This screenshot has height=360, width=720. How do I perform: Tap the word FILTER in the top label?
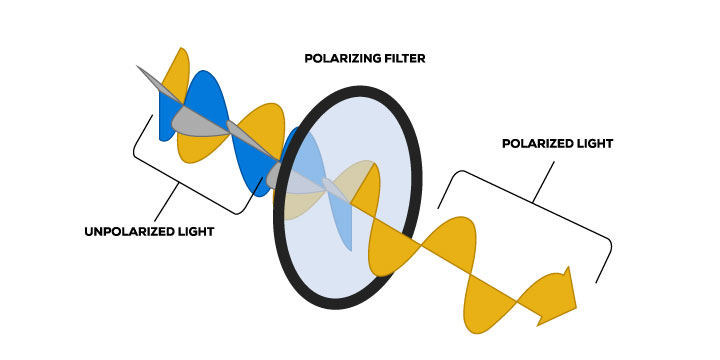coord(403,60)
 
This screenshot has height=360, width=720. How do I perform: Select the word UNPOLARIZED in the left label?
coord(128,233)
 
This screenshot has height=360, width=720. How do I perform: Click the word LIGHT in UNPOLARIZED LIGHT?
coord(197,233)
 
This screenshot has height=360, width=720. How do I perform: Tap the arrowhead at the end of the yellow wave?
coord(562,295)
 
